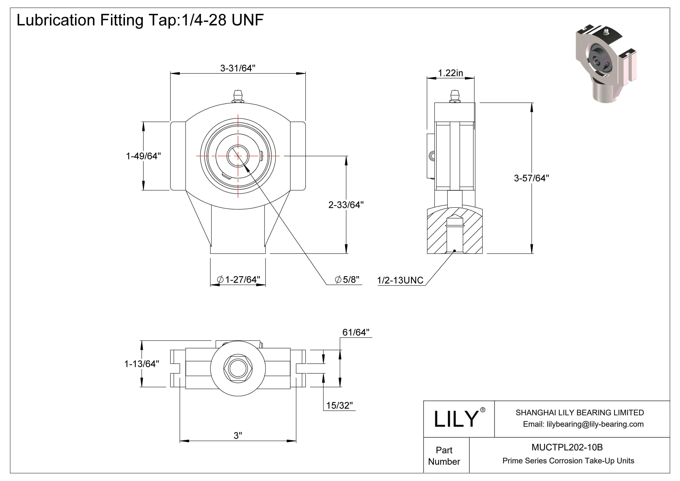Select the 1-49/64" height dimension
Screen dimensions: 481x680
coord(143,156)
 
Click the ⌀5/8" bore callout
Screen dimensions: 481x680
coord(347,279)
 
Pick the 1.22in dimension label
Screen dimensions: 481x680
coord(450,73)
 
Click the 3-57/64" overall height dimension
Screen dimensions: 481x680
coord(531,178)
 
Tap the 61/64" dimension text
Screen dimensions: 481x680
coord(356,332)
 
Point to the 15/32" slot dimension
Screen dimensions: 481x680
coord(339,405)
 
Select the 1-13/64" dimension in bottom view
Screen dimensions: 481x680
coord(142,364)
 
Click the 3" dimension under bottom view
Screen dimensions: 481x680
coord(238,435)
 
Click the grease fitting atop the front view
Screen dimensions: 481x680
coord(238,97)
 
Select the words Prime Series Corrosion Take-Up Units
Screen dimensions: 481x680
coord(568,461)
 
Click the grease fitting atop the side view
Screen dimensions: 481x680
coord(455,97)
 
